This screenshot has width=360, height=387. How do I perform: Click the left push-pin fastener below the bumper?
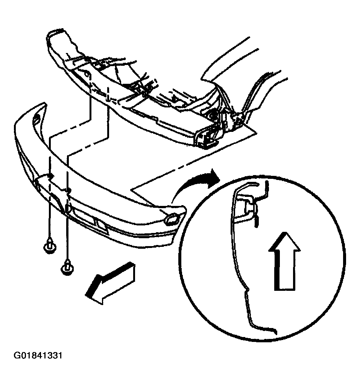(x=50, y=246)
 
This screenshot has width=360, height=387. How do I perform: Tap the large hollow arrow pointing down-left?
(x=109, y=283)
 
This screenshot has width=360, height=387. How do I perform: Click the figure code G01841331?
(x=38, y=356)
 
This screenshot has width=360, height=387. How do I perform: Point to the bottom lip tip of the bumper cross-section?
(x=275, y=332)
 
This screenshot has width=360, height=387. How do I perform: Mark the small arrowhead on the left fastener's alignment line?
(x=51, y=175)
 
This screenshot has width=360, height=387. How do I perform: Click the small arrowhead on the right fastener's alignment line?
(x=69, y=190)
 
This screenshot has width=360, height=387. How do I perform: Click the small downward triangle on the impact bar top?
(x=176, y=99)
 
